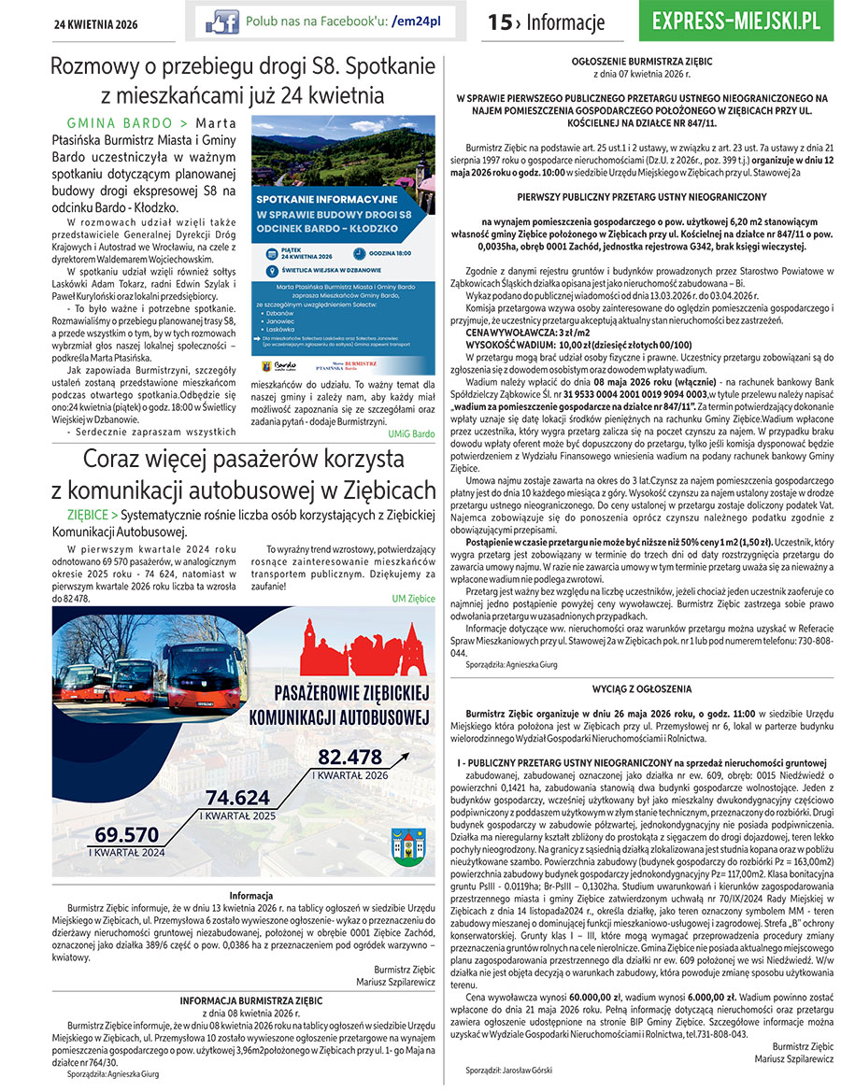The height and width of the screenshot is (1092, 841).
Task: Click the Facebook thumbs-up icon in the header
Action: coord(222,21)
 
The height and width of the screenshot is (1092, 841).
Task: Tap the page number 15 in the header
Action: coord(500,22)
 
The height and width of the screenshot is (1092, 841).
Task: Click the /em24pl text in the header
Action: coord(416,21)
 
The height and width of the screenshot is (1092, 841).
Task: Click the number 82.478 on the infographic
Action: coord(350,757)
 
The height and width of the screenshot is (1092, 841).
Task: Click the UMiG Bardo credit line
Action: coord(412,434)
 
